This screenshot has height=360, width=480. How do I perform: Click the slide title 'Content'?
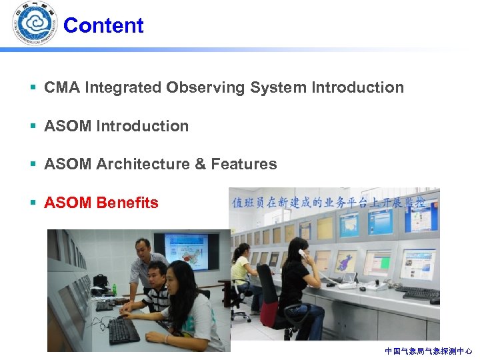[103, 25]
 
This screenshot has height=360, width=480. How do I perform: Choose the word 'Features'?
[243, 164]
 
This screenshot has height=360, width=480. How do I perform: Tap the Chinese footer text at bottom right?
[428, 351]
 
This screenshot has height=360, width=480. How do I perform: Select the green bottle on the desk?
[114, 289]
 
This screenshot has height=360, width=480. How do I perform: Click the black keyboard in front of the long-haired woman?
[124, 331]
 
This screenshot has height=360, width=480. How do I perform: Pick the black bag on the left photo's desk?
[101, 281]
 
